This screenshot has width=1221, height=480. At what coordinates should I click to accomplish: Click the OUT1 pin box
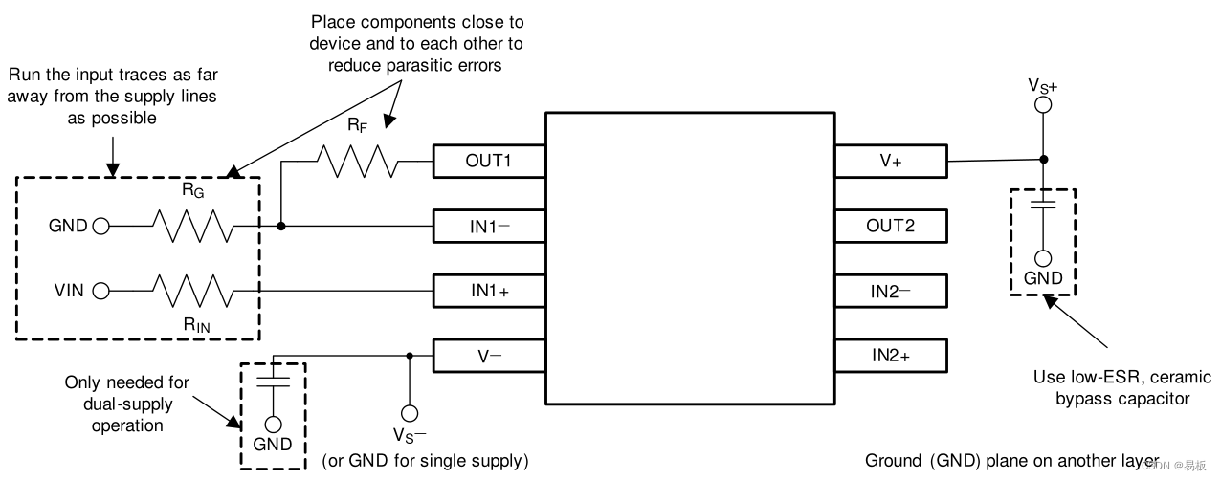coord(489,162)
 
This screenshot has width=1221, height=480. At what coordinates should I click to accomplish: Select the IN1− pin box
coord(489,227)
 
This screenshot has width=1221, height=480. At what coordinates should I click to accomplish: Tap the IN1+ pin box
coord(489,291)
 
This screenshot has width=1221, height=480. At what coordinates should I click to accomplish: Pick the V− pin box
coord(489,356)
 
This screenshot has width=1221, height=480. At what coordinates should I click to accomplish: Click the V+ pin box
coord(890,162)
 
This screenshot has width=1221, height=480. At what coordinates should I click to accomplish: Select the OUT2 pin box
coord(890,227)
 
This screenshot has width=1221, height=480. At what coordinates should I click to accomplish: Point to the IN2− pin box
coord(890,291)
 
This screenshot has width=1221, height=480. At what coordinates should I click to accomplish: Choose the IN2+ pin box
coord(890,356)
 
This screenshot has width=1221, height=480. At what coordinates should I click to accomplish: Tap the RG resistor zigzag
coord(191,227)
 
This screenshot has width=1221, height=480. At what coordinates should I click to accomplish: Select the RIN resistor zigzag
coord(191,291)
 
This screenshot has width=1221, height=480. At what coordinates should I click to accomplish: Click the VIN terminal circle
coord(100,291)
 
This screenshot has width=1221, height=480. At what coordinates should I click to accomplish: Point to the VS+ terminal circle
coord(1043,108)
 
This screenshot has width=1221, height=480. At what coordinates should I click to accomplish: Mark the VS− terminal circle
coord(410,413)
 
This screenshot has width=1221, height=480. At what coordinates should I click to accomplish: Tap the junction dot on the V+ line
coord(1043,160)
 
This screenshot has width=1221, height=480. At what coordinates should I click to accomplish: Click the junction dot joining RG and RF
coord(281,227)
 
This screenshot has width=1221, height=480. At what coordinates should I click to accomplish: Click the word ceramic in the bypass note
coord(1180,377)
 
